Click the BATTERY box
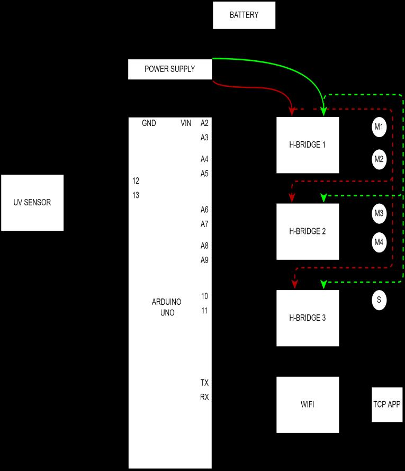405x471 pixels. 244,15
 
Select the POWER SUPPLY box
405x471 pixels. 170,69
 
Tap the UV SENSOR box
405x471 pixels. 32,202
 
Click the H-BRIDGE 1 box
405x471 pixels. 308,144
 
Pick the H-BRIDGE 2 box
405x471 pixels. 308,231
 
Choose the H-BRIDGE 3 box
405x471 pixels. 308,318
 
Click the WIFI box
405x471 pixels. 308,404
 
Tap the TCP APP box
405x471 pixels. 387,404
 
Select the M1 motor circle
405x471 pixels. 379,127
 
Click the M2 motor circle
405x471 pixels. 379,159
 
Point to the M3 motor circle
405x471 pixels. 379,214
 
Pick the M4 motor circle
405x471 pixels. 379,242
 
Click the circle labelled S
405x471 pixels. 379,300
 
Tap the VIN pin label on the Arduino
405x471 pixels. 186,123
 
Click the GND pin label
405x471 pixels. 149,123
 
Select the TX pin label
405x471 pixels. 204,383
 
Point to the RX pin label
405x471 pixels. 204,397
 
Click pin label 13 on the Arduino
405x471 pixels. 136,195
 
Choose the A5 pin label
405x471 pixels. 204,173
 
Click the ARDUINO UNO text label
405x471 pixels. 167,307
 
